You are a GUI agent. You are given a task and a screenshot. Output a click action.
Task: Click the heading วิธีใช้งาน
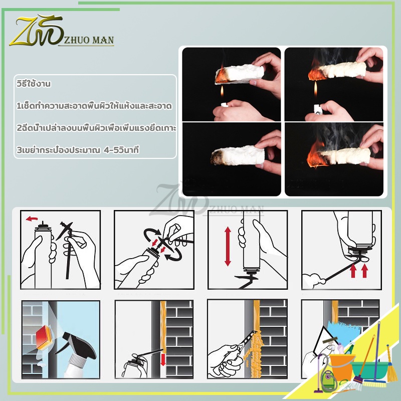(x=34, y=84)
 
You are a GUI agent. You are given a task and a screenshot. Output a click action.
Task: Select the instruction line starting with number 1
(x=94, y=106)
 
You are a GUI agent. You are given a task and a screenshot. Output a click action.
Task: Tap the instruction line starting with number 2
(x=96, y=128)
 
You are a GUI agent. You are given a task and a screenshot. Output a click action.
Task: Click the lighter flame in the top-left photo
(x=222, y=92)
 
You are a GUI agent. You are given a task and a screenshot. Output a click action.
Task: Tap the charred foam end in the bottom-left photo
(x=218, y=157)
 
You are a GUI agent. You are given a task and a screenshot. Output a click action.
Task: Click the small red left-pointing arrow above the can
(x=32, y=219)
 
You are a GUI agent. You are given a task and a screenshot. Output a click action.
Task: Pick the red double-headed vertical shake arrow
(x=228, y=246)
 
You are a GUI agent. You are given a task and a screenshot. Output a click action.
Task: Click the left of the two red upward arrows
(x=353, y=271)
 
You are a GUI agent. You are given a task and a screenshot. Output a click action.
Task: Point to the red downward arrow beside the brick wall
(x=163, y=359)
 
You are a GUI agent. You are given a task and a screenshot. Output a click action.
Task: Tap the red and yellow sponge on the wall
(x=45, y=337)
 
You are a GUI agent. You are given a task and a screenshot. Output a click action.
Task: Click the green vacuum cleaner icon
(x=327, y=378)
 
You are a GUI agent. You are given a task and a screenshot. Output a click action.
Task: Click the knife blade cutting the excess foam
(x=248, y=338)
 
